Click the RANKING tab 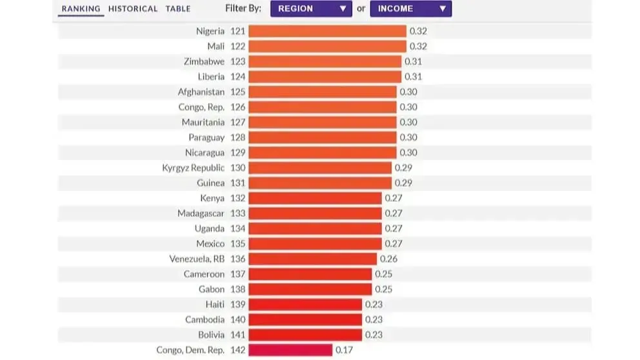[x=81, y=8]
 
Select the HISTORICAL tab [x=133, y=8]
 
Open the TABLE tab [x=178, y=8]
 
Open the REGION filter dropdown [x=311, y=9]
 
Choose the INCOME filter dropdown [x=410, y=9]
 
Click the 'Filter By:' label [x=244, y=8]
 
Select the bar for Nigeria [x=327, y=31]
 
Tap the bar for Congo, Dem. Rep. [x=290, y=350]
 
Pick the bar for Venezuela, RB [x=312, y=259]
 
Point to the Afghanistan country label [x=201, y=92]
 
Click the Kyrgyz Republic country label [x=194, y=168]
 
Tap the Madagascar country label [x=201, y=213]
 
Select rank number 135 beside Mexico [x=237, y=244]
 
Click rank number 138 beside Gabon [x=237, y=289]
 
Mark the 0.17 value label [x=344, y=350]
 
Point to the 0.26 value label [x=388, y=259]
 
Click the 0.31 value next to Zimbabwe [x=413, y=61]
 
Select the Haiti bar [x=305, y=305]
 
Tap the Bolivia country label [x=212, y=335]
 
